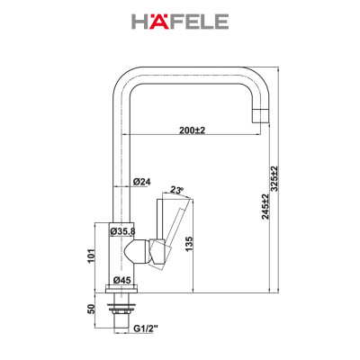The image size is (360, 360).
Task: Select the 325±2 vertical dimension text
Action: click(287, 185)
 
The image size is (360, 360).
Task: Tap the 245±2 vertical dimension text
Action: click(266, 209)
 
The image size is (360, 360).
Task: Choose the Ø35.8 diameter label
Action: click(122, 231)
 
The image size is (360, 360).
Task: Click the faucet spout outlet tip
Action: click(260, 115)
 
